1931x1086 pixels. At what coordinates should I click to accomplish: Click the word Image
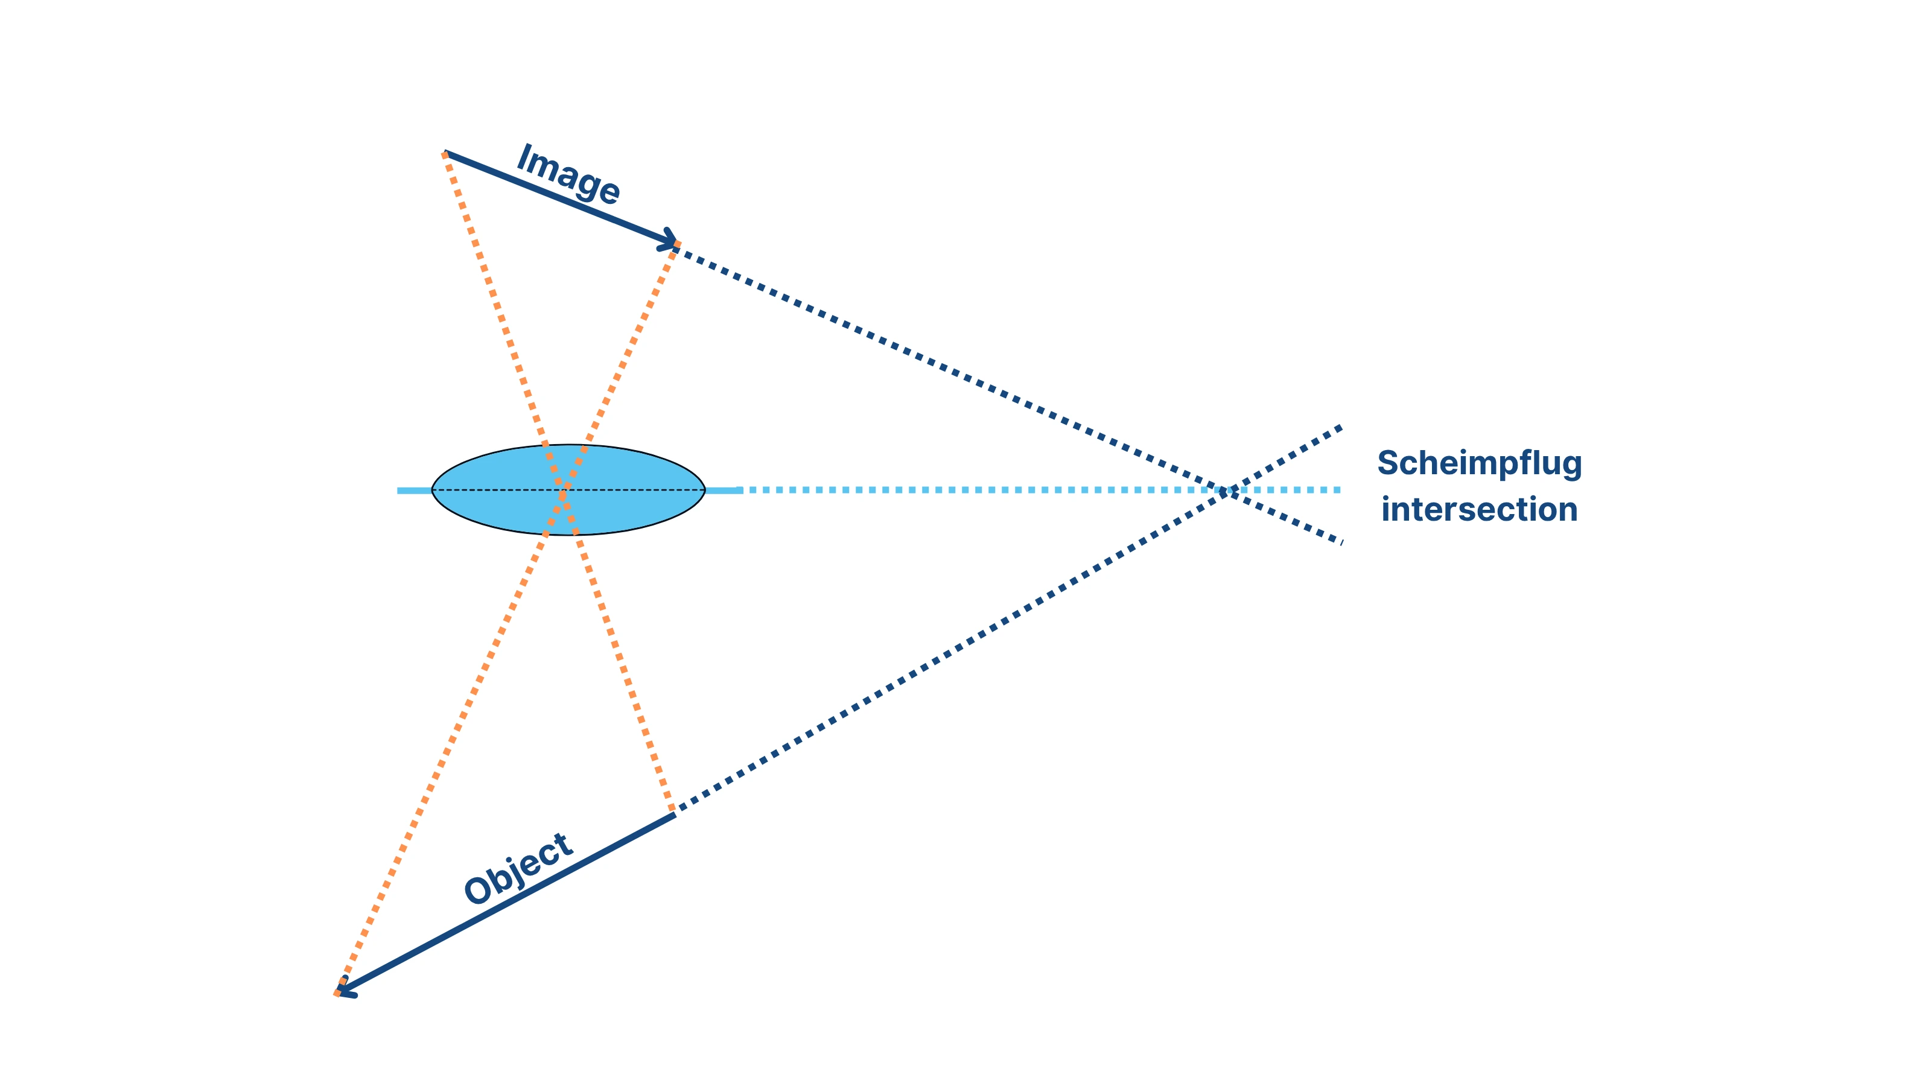[x=567, y=174]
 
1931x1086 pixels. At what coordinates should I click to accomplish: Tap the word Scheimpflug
[x=1479, y=464]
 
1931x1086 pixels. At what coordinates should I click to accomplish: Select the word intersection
[x=1479, y=510]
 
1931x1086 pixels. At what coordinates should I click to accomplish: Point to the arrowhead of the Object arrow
[x=343, y=991]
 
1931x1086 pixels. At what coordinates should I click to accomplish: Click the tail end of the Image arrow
[x=445, y=153]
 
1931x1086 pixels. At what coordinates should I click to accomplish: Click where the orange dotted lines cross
[x=563, y=492]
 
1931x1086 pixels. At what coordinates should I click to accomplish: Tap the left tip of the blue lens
[x=433, y=490]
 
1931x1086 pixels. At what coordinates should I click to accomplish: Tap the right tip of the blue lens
[x=705, y=490]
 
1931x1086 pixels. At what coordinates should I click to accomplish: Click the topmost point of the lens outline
[x=568, y=445]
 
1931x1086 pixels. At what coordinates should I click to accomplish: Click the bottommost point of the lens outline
[x=568, y=535]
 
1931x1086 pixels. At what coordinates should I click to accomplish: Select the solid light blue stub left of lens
[x=415, y=490]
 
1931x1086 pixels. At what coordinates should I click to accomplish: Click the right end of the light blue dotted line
[x=1340, y=490]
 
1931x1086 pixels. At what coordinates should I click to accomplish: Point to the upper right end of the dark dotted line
[x=1340, y=428]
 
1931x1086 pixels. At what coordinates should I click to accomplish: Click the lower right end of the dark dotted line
[x=1340, y=541]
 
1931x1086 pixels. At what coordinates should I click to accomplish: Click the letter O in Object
[x=479, y=891]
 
